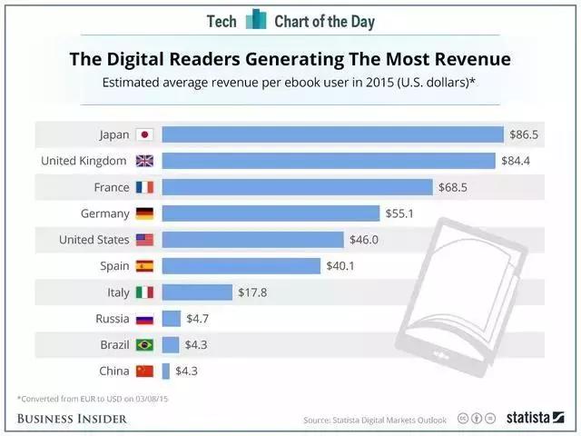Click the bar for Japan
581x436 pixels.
[x=332, y=134]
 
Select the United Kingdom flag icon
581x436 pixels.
[x=144, y=161]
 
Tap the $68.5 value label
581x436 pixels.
[x=455, y=187]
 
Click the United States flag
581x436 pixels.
[x=144, y=240]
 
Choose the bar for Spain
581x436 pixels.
[x=241, y=266]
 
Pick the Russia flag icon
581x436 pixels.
[x=144, y=319]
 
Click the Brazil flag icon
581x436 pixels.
[x=144, y=345]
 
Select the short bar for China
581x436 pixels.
[x=166, y=372]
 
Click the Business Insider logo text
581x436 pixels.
[x=72, y=418]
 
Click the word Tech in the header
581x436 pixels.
[x=222, y=20]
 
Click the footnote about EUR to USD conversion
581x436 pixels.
[x=81, y=398]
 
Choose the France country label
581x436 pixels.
[x=112, y=187]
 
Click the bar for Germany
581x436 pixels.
[x=271, y=213]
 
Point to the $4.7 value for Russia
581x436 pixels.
[x=199, y=319]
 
